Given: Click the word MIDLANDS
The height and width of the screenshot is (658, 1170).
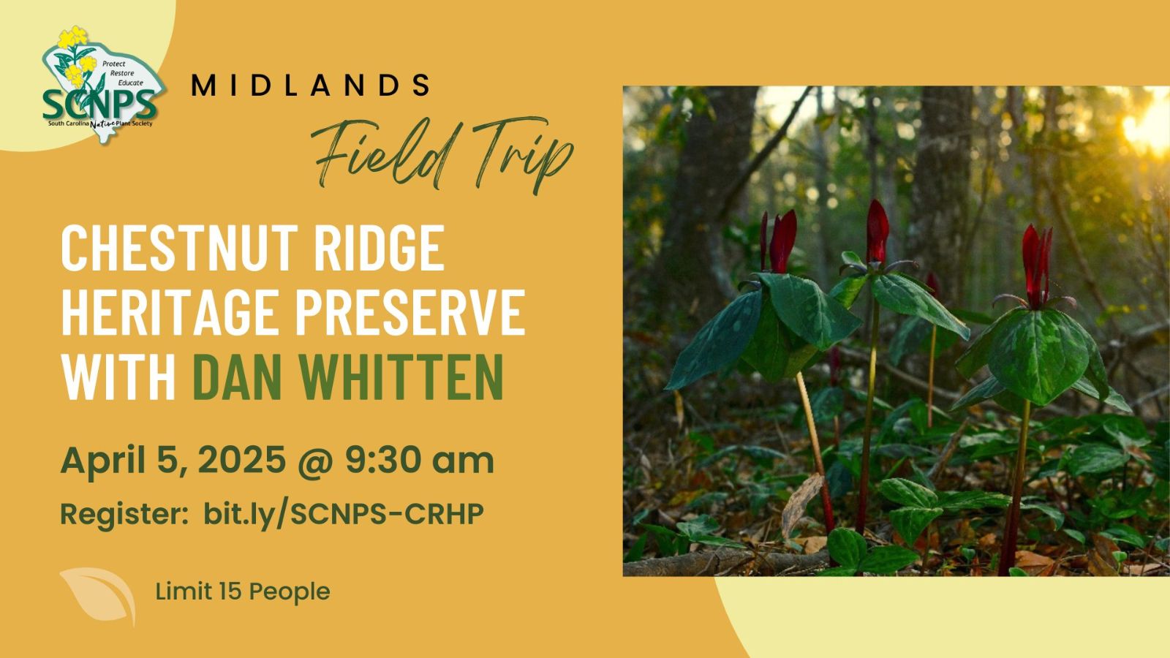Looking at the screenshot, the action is tap(311, 85).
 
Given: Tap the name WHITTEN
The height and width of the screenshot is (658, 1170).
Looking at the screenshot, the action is tap(400, 377).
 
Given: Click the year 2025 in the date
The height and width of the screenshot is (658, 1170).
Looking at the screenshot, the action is tap(242, 460).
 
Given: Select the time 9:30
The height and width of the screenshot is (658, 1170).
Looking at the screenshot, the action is tap(382, 460).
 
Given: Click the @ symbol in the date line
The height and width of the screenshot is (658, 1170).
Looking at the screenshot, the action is tap(315, 461).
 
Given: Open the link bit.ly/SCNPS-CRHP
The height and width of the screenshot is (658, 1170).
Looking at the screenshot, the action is tap(343, 515).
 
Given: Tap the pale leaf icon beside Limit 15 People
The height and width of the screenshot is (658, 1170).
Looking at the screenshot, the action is tap(99, 595).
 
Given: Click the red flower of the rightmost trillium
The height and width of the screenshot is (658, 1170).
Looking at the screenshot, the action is tap(1037, 266).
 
